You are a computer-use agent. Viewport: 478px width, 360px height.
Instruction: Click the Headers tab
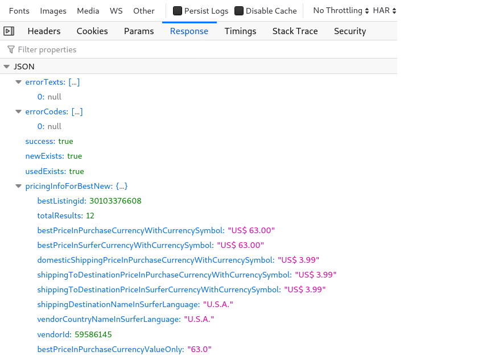tap(44, 31)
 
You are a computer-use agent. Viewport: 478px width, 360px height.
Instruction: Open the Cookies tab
tap(92, 31)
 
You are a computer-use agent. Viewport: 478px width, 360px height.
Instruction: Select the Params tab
tap(139, 31)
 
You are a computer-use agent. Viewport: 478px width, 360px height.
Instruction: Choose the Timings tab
tap(240, 31)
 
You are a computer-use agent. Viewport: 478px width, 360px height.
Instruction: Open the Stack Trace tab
tap(295, 31)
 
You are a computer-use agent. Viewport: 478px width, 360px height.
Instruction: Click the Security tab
tap(349, 31)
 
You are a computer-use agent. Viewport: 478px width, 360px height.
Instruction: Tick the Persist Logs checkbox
tap(178, 11)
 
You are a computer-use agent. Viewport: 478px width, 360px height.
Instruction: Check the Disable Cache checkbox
tap(239, 11)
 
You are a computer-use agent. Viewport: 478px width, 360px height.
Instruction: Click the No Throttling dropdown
tap(341, 11)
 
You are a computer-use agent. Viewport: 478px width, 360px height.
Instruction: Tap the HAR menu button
tap(385, 11)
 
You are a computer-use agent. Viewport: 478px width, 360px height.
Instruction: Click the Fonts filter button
tap(19, 11)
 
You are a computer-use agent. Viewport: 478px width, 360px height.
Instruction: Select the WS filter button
tap(116, 11)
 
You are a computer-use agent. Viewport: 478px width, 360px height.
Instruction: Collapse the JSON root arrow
tap(7, 67)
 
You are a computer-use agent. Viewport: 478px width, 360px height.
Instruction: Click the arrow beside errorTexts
tap(19, 82)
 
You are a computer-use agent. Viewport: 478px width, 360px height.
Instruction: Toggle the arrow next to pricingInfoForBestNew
tap(19, 186)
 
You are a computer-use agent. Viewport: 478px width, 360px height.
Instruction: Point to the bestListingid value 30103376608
tap(115, 201)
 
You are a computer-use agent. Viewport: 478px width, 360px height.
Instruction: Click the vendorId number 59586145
tap(93, 334)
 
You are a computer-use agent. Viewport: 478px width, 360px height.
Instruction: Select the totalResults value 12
tap(90, 216)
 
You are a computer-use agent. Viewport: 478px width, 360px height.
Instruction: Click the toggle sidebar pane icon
tap(9, 31)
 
